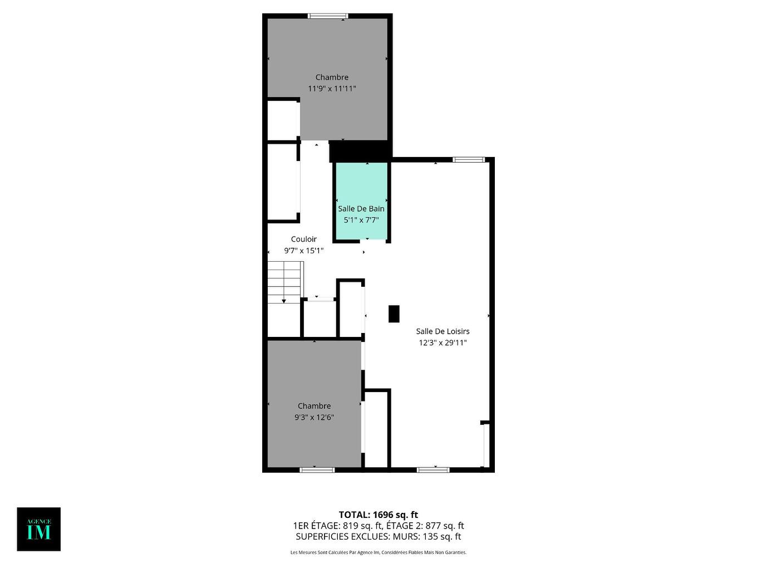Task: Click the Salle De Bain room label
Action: pos(361,209)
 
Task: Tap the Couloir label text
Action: pos(304,239)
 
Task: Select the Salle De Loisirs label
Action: pos(443,331)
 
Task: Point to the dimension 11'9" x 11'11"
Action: pos(332,89)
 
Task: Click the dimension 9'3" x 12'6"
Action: pos(314,417)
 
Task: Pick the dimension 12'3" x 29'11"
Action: pos(443,343)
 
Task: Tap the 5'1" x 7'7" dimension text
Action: pos(361,220)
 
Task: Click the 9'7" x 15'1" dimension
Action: pos(304,251)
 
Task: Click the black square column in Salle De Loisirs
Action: pos(394,314)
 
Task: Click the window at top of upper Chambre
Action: pos(328,16)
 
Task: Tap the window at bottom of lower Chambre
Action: pos(317,470)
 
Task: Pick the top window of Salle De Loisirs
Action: pos(468,160)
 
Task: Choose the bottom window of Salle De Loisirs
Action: pos(434,470)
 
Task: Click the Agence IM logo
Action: pos(39,529)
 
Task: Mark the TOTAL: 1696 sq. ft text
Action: pos(378,515)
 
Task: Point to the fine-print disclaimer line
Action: pos(378,552)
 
